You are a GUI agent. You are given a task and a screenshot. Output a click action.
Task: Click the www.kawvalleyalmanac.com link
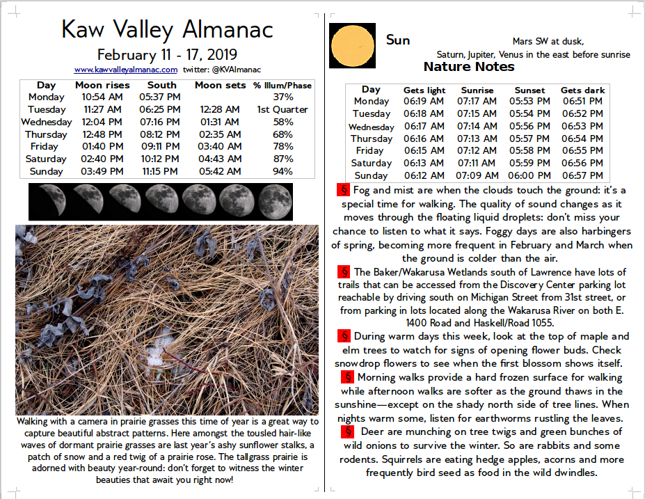(x=125, y=70)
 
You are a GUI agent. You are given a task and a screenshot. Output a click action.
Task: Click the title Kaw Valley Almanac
(x=167, y=29)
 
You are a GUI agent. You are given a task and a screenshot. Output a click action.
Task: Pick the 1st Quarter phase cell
(x=282, y=109)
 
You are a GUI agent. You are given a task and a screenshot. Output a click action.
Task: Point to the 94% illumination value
(x=282, y=171)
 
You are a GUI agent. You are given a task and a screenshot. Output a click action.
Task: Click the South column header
(x=161, y=85)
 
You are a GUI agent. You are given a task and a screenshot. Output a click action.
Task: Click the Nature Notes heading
(x=469, y=67)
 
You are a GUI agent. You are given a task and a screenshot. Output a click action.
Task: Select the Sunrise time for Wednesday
(x=477, y=126)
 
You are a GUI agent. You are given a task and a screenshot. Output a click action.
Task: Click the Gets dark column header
(x=582, y=90)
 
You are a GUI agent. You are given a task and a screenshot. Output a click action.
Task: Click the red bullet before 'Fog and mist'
(x=343, y=190)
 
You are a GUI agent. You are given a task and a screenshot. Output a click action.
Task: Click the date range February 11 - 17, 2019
(x=167, y=54)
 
